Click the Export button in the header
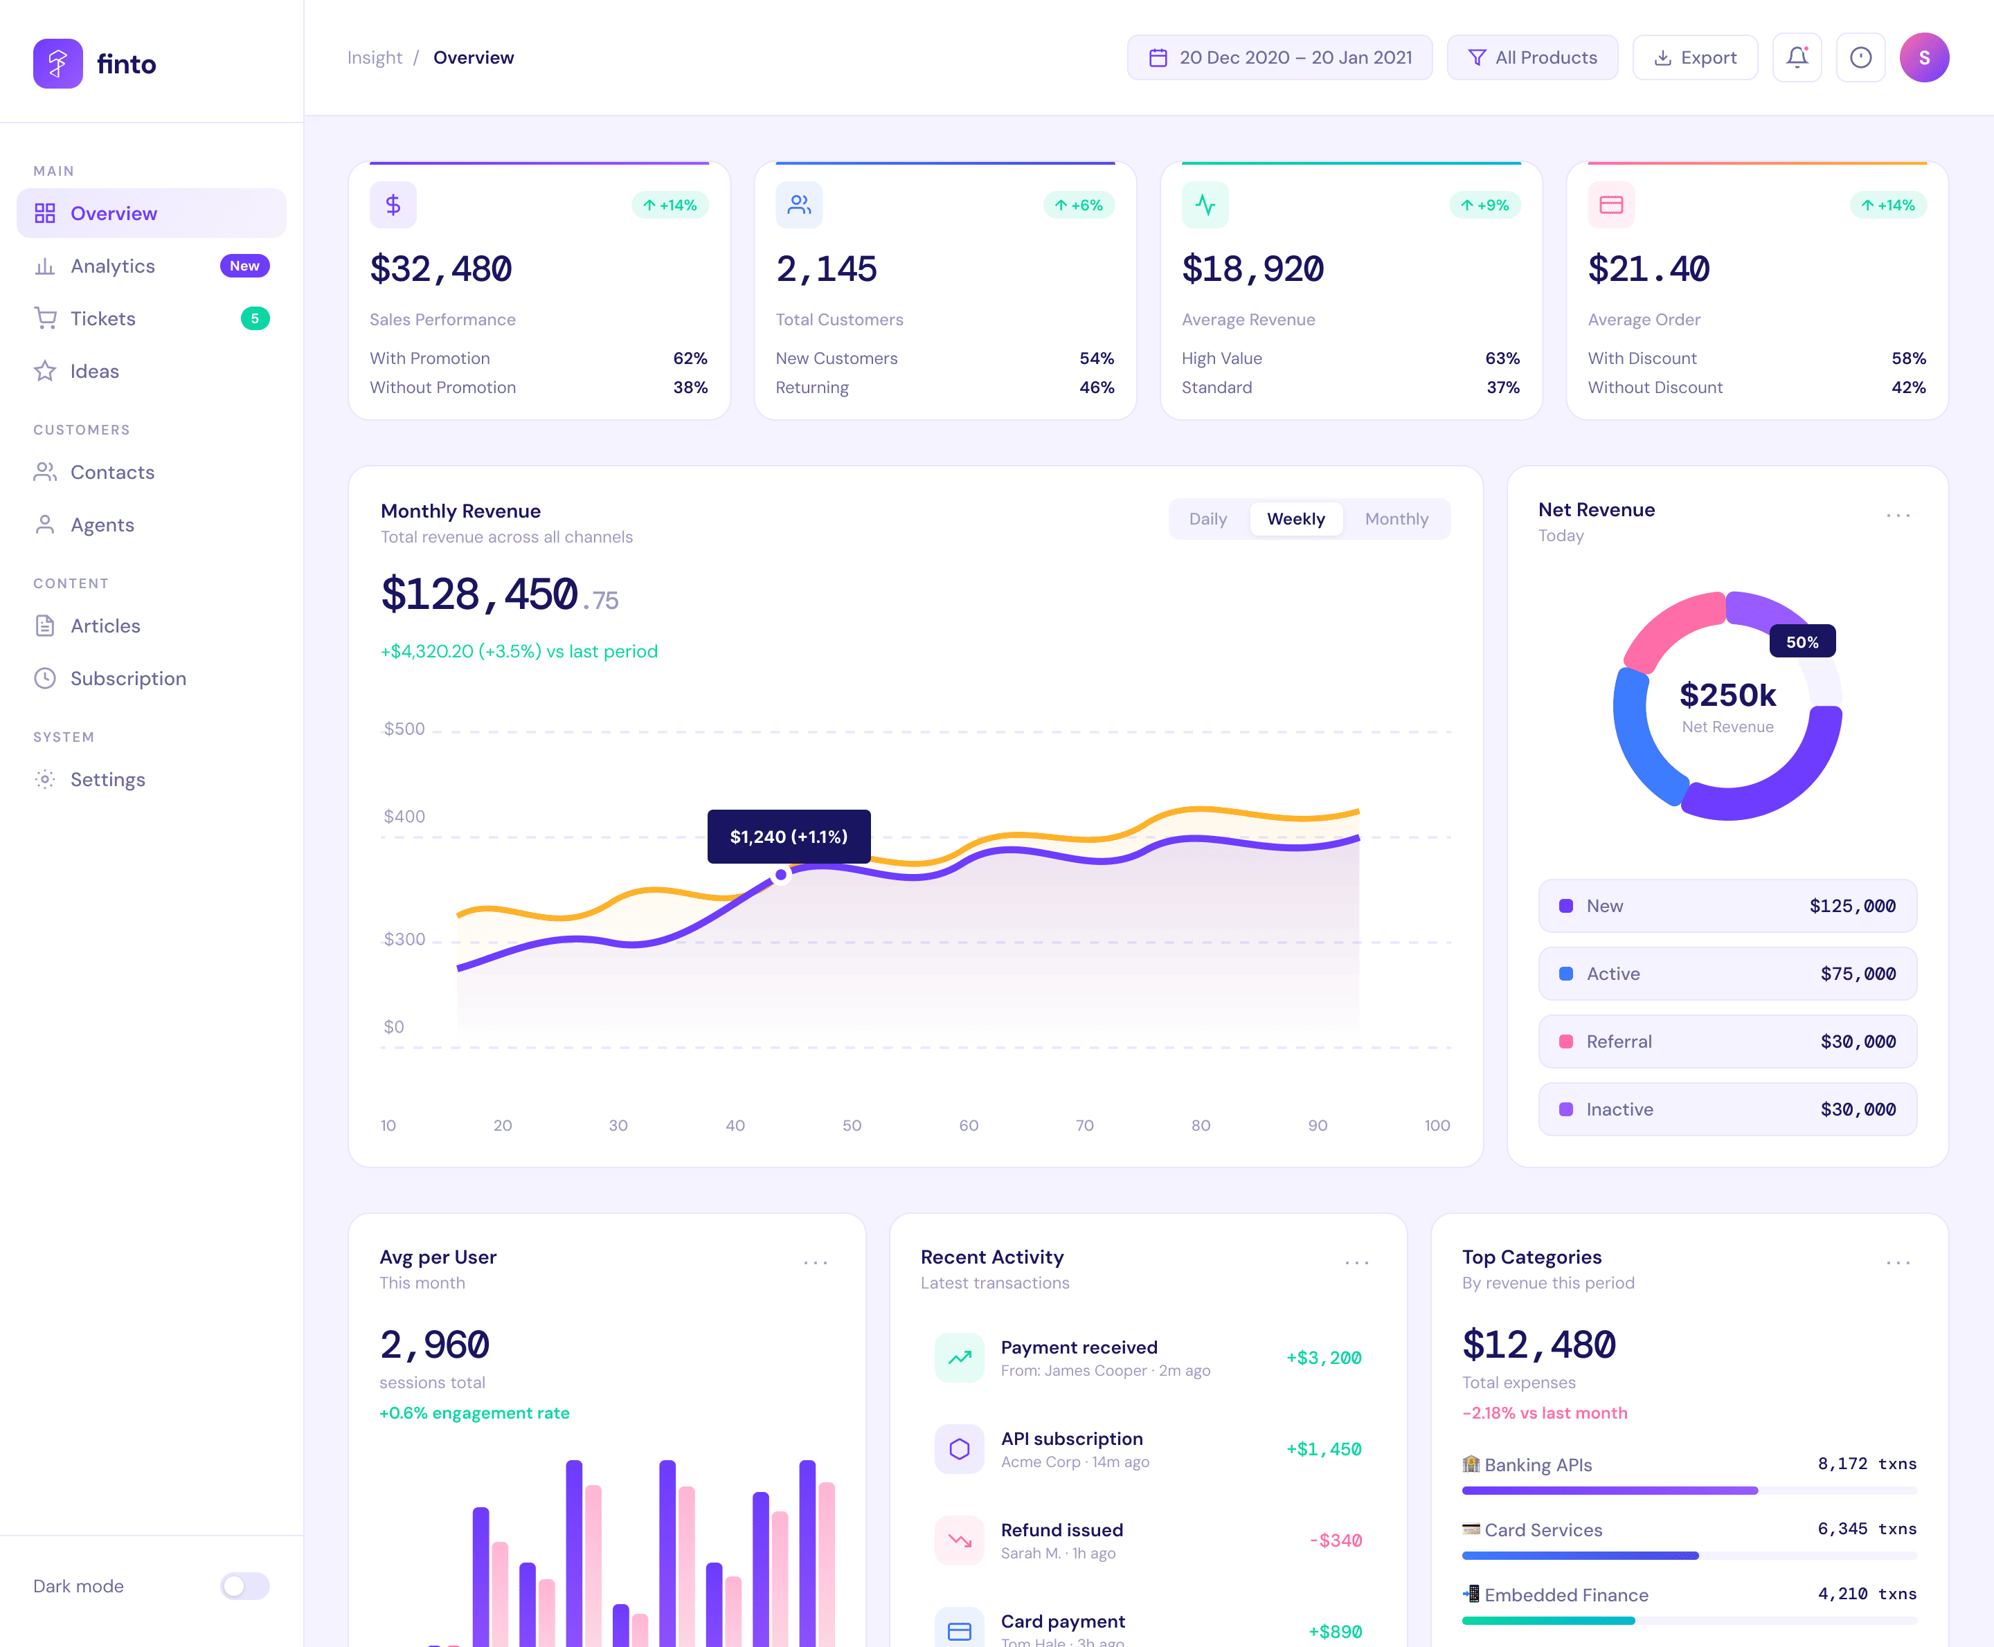(x=1694, y=58)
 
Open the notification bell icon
(x=1797, y=58)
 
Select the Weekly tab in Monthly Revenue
(x=1295, y=519)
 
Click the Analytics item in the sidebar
(x=112, y=266)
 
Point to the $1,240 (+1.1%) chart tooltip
(x=789, y=837)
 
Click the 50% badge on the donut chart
(x=1802, y=642)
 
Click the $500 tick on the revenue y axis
(x=404, y=729)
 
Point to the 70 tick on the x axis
(x=1085, y=1125)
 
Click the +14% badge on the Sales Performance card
(x=670, y=205)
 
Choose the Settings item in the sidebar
(x=107, y=780)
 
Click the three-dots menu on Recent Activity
(x=1356, y=1263)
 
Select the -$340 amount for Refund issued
(x=1336, y=1540)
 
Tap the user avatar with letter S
(x=1924, y=58)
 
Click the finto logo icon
(x=58, y=64)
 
